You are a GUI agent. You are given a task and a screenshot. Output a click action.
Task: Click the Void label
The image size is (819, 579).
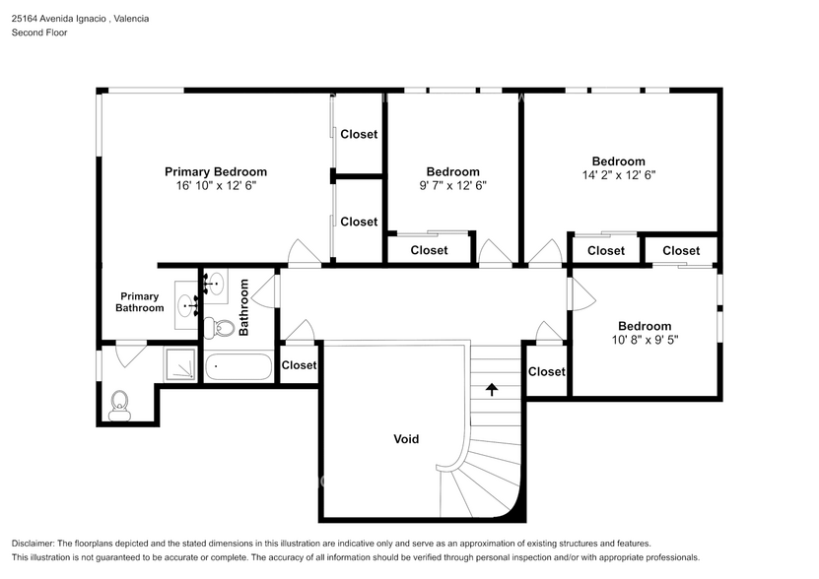(406, 439)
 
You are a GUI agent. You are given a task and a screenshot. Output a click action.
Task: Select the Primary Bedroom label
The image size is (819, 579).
(215, 171)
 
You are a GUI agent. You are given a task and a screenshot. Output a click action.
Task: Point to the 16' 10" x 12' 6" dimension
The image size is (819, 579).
(215, 185)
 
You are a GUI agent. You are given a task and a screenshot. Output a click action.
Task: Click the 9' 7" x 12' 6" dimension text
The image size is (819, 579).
(452, 185)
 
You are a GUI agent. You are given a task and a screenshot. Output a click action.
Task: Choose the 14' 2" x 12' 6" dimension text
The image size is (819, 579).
(618, 175)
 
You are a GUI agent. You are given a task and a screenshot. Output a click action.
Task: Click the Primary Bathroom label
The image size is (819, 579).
(139, 302)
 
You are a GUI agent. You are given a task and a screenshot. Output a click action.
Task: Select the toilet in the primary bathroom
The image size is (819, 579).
(120, 403)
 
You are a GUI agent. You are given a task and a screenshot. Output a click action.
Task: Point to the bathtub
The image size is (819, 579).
(238, 367)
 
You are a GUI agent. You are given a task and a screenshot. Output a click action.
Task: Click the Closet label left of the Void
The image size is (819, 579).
(299, 365)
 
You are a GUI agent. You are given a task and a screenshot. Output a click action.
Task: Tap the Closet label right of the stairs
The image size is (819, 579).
(546, 371)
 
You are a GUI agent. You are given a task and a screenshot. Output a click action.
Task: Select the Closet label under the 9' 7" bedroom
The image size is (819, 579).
(429, 250)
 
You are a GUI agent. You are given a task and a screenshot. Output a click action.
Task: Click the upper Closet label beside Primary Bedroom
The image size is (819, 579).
(359, 134)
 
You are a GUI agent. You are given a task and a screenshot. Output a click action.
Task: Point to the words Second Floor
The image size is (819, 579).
(39, 32)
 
